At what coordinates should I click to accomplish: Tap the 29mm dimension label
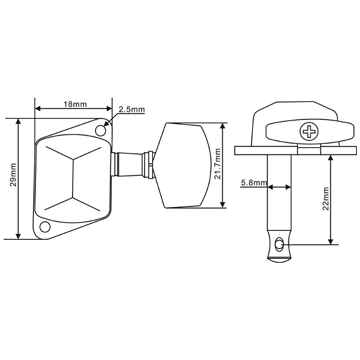(x=13, y=175)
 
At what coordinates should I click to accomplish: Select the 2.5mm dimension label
(x=131, y=109)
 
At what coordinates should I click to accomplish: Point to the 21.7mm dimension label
(x=217, y=164)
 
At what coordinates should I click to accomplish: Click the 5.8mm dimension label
(x=254, y=183)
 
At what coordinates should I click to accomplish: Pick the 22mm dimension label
(x=325, y=199)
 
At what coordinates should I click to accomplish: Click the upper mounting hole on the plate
(x=100, y=130)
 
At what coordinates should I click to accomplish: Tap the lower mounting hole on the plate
(x=45, y=227)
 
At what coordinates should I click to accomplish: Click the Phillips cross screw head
(x=309, y=131)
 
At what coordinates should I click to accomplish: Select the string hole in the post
(x=279, y=244)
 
